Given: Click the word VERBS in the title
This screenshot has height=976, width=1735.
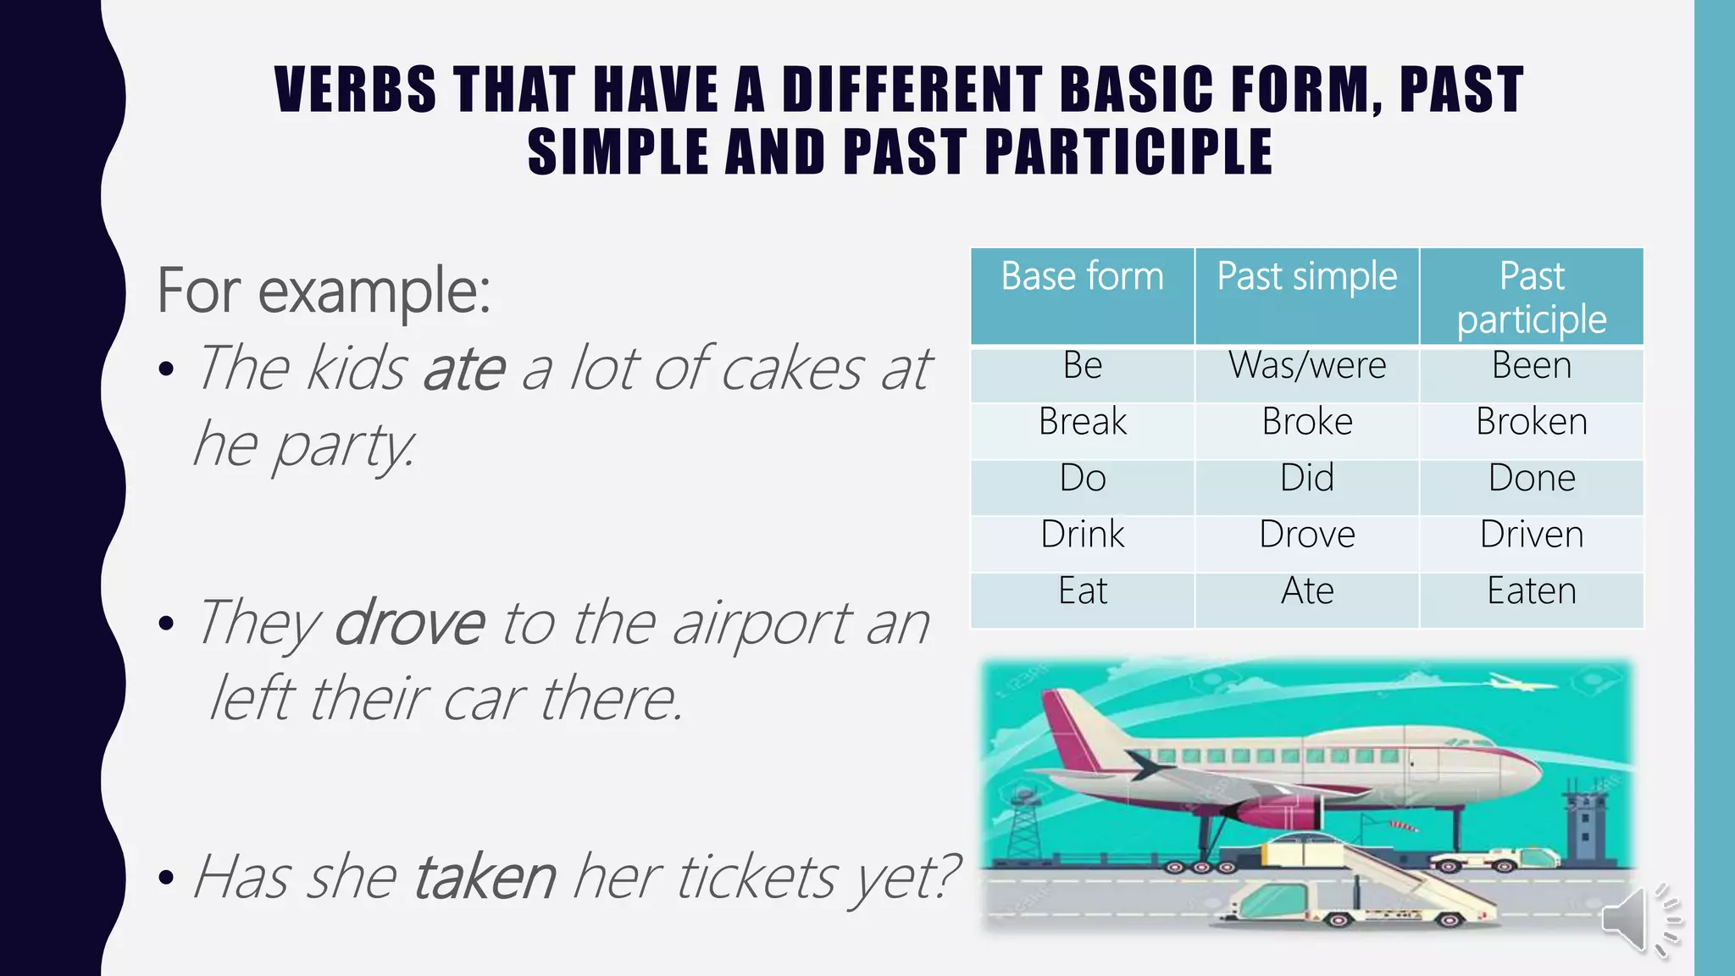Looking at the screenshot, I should point(356,90).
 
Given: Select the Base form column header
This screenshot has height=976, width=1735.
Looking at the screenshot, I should point(1082,277).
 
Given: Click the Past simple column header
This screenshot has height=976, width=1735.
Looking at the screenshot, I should point(1306,277).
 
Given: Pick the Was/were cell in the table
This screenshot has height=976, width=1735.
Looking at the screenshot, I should point(1306,366).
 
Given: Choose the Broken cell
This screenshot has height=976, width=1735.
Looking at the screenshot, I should point(1531,422).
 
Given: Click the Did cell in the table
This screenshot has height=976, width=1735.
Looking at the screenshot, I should point(1306,479).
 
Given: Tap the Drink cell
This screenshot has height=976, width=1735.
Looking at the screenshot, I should point(1082,535).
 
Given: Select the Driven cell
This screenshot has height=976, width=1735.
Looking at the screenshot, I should point(1531,535).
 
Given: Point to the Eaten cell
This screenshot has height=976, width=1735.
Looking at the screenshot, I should point(1531,591).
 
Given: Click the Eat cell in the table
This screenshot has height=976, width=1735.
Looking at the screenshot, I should point(1082,591).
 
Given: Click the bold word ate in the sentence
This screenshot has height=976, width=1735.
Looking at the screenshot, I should point(464,369).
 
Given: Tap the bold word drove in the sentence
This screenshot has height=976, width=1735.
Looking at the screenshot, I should point(410,624).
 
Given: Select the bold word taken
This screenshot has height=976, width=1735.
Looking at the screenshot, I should point(485,877).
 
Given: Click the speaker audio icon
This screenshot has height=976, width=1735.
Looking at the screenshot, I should point(1639,919).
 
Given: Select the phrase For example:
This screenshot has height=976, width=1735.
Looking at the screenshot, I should point(324,291).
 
